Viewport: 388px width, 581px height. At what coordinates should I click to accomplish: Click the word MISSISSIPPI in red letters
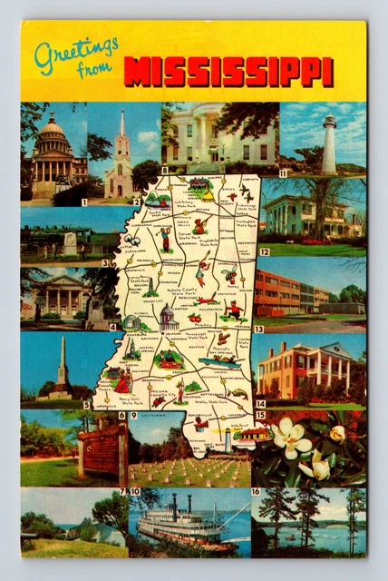coord(228,72)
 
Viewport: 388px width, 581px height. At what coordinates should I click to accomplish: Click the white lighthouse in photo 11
coord(329,145)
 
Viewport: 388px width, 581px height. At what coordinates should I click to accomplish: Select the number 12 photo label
coord(264,252)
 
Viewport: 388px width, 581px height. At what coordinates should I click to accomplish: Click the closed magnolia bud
coord(336,434)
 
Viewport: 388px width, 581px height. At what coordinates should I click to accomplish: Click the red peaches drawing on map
coord(195,318)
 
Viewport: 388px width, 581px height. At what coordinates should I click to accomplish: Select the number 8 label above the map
coord(164,171)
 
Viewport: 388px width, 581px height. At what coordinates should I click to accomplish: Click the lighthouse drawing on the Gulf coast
coord(228,441)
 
